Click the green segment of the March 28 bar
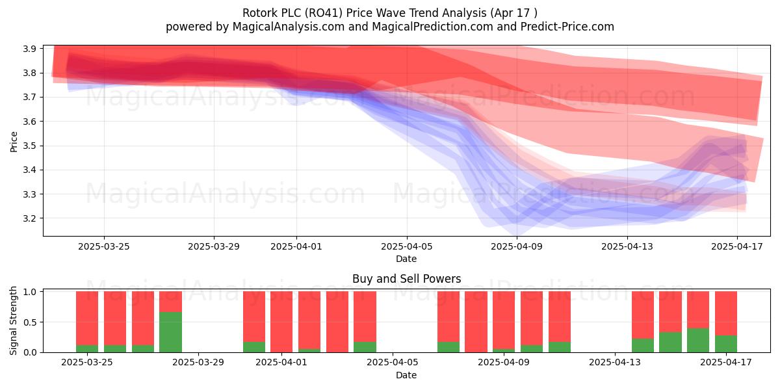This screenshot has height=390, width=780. [170, 332]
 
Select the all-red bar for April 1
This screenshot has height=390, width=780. [281, 322]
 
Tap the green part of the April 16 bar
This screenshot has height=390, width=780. [698, 340]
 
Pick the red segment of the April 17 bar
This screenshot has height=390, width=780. [726, 313]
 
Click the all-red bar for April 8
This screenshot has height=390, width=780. [476, 322]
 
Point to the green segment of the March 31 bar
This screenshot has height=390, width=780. [254, 347]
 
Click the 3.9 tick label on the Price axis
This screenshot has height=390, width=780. [30, 49]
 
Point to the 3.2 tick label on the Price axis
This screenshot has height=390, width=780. [30, 218]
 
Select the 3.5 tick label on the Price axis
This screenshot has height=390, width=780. [30, 146]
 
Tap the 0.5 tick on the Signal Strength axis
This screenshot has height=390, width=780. [30, 322]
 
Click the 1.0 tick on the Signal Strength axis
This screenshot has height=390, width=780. [30, 292]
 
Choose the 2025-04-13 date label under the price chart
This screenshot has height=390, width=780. [627, 246]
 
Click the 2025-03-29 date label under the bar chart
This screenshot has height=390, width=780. [198, 363]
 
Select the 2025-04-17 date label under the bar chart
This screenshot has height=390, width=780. [726, 363]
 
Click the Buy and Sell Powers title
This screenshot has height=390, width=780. [407, 279]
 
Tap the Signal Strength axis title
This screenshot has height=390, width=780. [13, 320]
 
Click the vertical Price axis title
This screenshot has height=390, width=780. [14, 142]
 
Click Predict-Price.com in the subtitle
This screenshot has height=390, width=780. [567, 27]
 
